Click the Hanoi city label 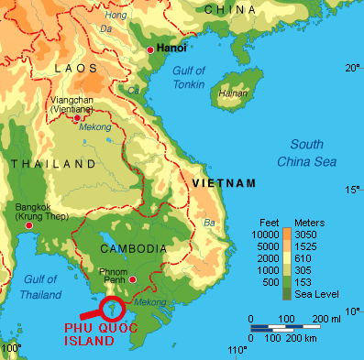171,47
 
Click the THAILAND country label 52,164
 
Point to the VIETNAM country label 223,184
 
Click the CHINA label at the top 229,9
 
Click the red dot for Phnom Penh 134,280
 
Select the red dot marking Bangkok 30,224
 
